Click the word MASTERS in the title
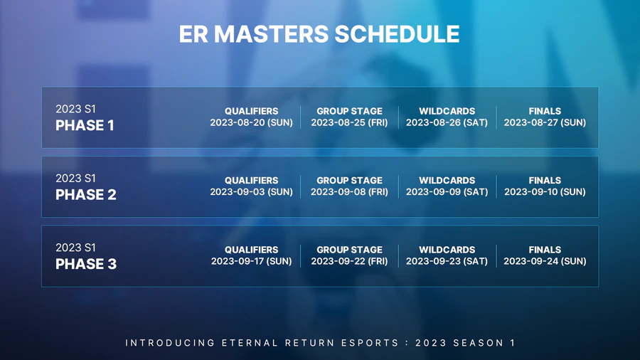click(x=271, y=34)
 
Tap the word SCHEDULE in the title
click(x=397, y=34)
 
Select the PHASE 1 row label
click(x=85, y=125)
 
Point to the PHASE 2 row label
click(x=86, y=195)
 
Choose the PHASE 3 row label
click(x=86, y=264)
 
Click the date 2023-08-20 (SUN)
click(x=252, y=122)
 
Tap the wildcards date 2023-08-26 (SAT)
click(x=447, y=122)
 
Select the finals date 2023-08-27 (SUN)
click(x=545, y=122)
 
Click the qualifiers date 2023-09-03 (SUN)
click(x=252, y=192)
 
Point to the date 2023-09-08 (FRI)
click(x=349, y=192)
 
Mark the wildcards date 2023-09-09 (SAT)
click(x=447, y=192)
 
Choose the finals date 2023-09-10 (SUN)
click(x=545, y=192)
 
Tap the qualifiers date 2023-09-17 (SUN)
click(x=252, y=261)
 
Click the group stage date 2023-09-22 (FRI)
click(x=349, y=261)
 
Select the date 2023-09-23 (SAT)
click(x=447, y=261)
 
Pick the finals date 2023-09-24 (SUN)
click(x=545, y=261)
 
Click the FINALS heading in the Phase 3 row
click(x=545, y=250)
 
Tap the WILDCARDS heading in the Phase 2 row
click(x=447, y=181)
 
